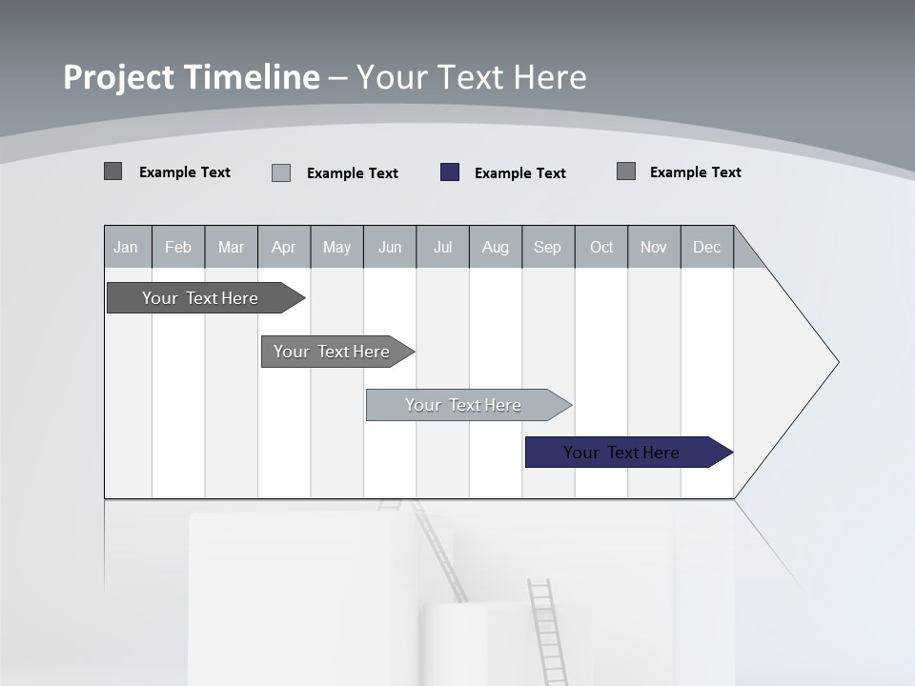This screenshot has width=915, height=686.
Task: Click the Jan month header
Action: point(127,248)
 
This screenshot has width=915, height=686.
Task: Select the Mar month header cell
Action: point(231,248)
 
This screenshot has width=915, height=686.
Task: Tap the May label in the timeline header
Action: point(336,248)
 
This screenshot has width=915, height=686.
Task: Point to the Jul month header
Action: point(442,248)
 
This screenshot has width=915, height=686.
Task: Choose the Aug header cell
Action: point(495,248)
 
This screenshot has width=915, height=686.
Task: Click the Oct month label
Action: point(601,248)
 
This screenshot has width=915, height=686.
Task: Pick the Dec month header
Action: point(706,248)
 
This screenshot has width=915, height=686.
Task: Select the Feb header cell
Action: point(178,248)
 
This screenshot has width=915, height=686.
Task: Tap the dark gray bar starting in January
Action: point(200,298)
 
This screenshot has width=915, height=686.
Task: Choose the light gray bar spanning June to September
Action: point(464,405)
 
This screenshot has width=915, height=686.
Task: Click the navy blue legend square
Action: point(450,172)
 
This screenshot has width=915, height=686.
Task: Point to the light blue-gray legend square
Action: point(281,172)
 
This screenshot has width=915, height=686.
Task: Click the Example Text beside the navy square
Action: point(519,173)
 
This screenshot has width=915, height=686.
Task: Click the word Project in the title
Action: point(118,77)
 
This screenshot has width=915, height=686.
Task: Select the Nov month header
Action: point(654,248)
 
